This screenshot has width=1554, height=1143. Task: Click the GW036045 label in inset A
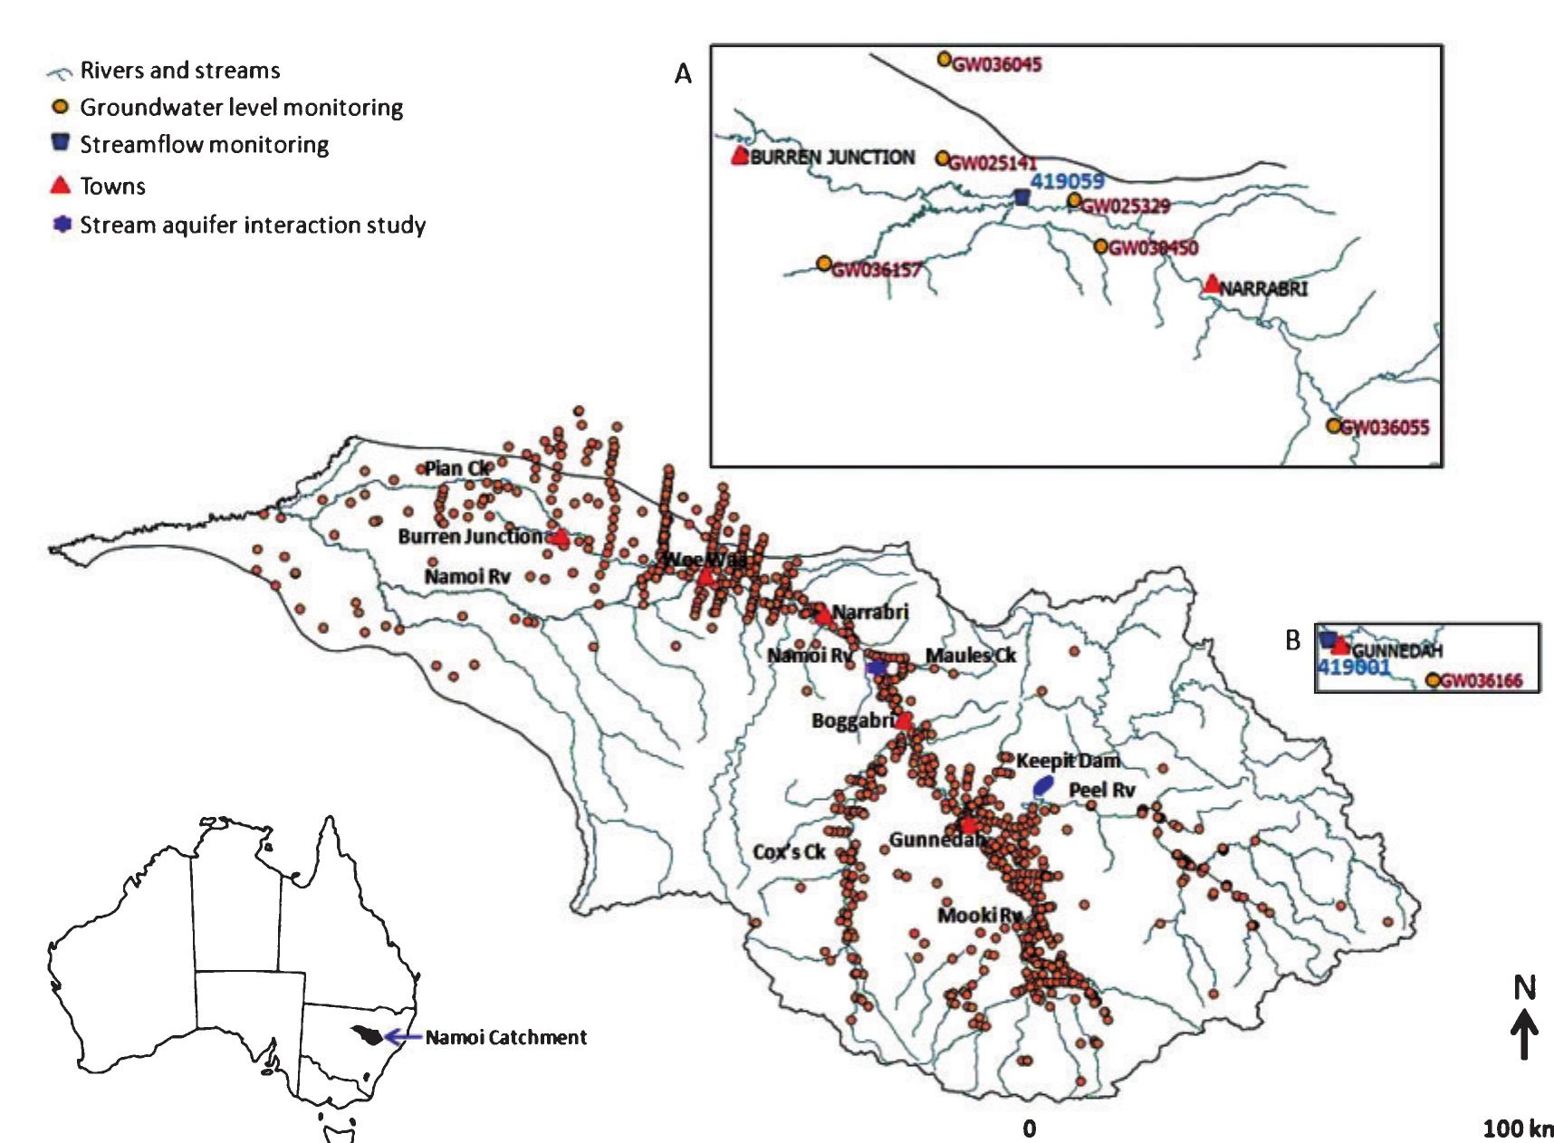pyautogui.click(x=997, y=64)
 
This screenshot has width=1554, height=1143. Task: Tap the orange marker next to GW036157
pyautogui.click(x=823, y=264)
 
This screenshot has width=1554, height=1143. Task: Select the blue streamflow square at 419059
pyautogui.click(x=1022, y=197)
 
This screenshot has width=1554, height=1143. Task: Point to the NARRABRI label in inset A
pyautogui.click(x=1264, y=289)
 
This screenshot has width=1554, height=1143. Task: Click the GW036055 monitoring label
pyautogui.click(x=1385, y=427)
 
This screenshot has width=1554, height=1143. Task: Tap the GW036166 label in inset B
pyautogui.click(x=1482, y=681)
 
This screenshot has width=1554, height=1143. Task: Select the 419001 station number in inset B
pyautogui.click(x=1353, y=668)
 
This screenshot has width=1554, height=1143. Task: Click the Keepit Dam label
pyautogui.click(x=1067, y=761)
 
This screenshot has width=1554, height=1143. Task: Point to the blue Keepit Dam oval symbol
pyautogui.click(x=1043, y=786)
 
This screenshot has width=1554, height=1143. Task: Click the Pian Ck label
pyautogui.click(x=457, y=469)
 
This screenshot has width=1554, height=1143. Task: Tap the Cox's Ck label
pyautogui.click(x=789, y=852)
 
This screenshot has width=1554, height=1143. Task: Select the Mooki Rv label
pyautogui.click(x=979, y=916)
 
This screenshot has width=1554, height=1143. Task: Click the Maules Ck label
pyautogui.click(x=970, y=656)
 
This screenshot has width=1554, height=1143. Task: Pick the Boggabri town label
pyautogui.click(x=852, y=721)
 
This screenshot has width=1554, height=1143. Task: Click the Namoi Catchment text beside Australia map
pyautogui.click(x=505, y=1038)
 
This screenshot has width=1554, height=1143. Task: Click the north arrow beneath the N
pyautogui.click(x=1524, y=1035)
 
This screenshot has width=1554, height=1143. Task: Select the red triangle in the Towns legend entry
pyautogui.click(x=60, y=186)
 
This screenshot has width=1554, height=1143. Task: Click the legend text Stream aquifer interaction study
pyautogui.click(x=253, y=226)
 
